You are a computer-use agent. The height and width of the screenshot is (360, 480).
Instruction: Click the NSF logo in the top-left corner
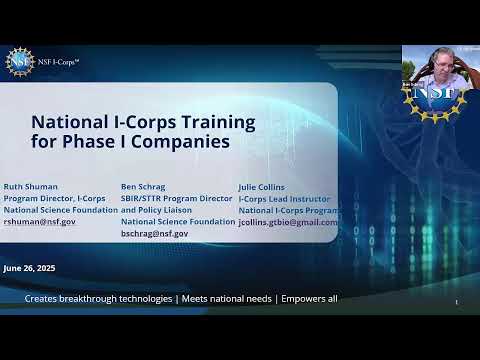coord(19,62)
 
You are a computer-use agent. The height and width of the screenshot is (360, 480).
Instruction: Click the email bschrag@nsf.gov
coord(154,233)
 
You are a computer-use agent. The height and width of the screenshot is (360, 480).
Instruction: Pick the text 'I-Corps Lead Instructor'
coord(283,198)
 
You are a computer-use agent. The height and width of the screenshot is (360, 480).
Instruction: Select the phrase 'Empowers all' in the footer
coord(309,299)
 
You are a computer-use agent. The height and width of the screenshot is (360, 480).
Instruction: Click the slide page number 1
coord(456,302)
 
